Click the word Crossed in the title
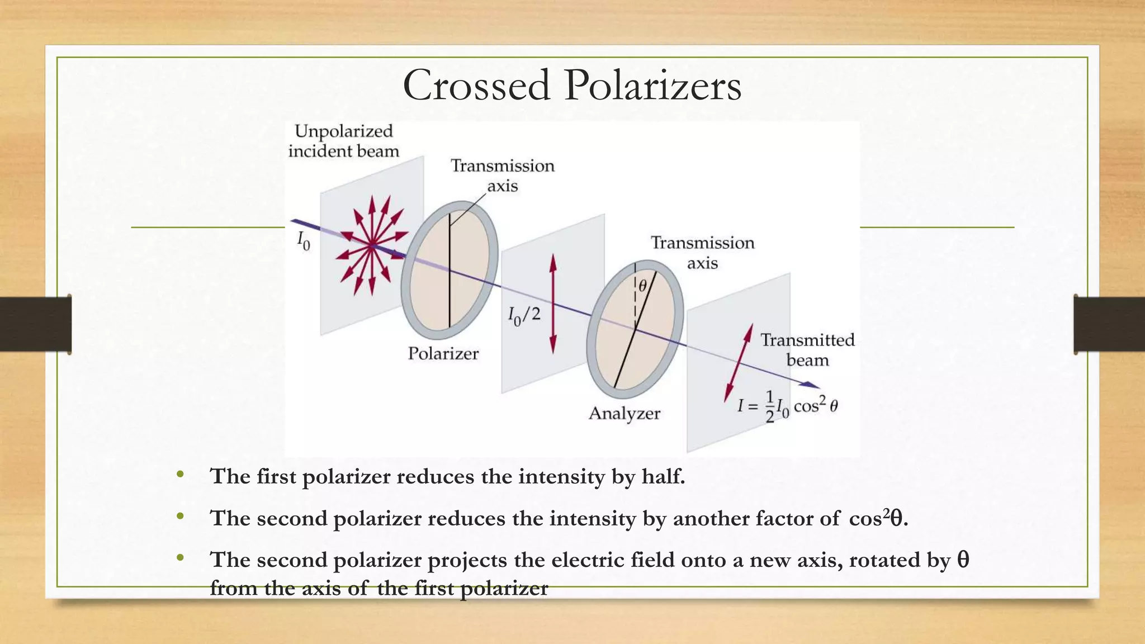pos(476,86)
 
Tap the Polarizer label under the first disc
pos(443,353)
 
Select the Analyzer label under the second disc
pos(624,413)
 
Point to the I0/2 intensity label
pos(524,316)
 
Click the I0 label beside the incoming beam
pos(303,241)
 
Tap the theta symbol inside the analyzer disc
pos(643,286)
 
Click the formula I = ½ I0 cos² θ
pos(787,406)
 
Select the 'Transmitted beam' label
pos(807,350)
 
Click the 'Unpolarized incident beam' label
pos(343,141)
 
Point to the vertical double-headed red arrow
pos(553,304)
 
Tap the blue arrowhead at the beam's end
pos(810,385)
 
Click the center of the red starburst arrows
pos(371,245)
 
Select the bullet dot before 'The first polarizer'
pos(179,475)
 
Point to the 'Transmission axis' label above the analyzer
pos(702,253)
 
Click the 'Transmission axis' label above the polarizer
pos(502,176)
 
